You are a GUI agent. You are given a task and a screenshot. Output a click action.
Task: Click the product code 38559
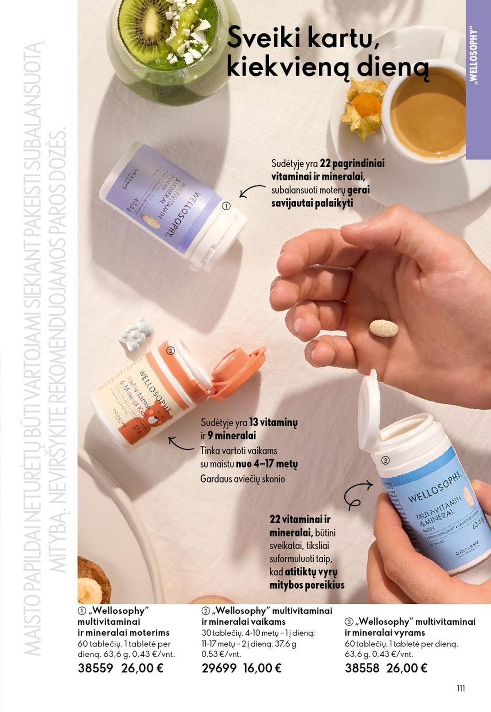coord(95,668)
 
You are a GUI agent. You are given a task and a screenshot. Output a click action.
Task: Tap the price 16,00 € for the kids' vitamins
coord(262,668)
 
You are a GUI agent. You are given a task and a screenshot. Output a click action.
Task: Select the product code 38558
coord(362,668)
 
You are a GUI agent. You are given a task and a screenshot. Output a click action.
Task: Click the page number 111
coord(461,688)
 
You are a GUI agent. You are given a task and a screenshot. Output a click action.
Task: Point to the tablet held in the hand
coord(384,329)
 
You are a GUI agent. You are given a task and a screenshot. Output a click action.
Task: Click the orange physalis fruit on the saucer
coord(365,104)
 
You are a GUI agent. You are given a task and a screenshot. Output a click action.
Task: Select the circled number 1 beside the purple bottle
coord(226,206)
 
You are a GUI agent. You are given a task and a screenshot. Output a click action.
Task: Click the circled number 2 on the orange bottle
coord(171,350)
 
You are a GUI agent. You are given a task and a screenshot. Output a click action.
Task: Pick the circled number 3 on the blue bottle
coord(385,460)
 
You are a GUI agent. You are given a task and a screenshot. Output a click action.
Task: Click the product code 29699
coord(219,668)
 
